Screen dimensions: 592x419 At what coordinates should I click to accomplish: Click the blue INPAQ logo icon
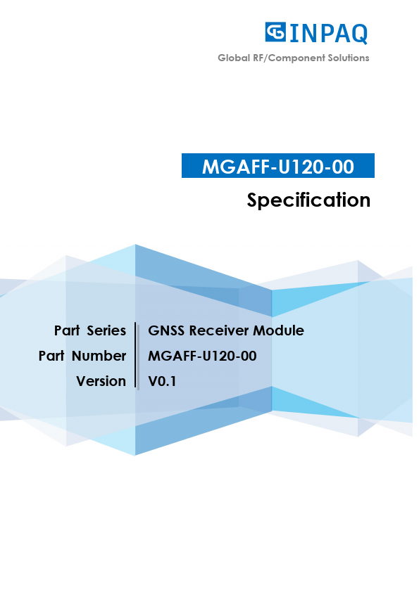click(x=275, y=32)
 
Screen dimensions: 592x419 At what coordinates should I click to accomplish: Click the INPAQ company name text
click(x=328, y=33)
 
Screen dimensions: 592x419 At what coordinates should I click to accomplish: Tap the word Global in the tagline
click(x=233, y=58)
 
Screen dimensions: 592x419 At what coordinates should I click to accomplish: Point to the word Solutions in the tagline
click(x=349, y=58)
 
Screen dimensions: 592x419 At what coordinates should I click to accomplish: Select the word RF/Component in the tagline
click(x=288, y=58)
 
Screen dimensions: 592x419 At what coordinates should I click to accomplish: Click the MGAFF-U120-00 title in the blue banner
click(x=277, y=166)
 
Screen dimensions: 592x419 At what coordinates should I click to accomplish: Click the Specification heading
click(x=308, y=200)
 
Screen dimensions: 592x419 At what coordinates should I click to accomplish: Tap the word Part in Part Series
click(x=66, y=330)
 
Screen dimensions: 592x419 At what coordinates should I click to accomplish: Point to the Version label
click(x=101, y=381)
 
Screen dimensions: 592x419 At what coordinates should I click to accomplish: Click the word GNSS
click(x=166, y=330)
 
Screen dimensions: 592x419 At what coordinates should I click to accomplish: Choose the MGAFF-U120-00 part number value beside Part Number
click(x=202, y=356)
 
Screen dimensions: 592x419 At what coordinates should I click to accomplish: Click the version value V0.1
click(x=162, y=381)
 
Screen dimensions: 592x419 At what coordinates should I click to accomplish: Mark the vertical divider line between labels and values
click(x=135, y=356)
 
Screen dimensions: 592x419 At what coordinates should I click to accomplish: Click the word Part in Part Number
click(x=51, y=356)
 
